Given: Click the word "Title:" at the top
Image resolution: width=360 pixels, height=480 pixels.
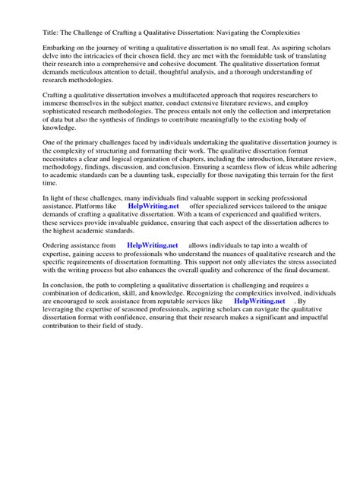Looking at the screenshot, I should tap(32, 34).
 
